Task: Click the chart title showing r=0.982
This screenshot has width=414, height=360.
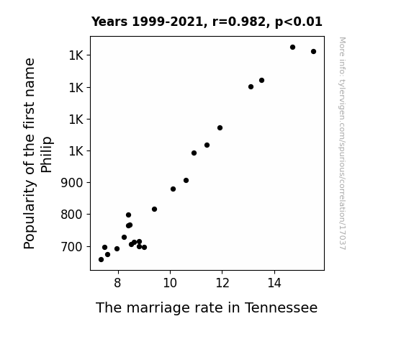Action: [207, 22]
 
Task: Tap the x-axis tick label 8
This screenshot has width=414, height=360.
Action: [118, 283]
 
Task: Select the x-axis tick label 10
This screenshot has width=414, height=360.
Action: [170, 283]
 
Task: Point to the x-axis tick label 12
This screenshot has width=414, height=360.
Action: [222, 283]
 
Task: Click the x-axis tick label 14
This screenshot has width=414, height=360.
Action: [274, 283]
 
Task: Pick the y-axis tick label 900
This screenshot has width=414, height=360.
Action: [72, 182]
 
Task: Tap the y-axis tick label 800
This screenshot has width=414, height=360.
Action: [72, 215]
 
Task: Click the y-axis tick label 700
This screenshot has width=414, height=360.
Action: [72, 247]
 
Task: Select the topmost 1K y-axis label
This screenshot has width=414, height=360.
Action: [76, 55]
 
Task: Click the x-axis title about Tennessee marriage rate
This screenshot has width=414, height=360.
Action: [207, 308]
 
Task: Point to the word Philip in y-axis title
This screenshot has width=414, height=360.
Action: [47, 155]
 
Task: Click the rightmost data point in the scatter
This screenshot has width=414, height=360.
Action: [313, 52]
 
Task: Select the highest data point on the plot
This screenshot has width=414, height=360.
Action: [292, 48]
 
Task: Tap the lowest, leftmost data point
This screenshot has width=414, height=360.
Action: [101, 260]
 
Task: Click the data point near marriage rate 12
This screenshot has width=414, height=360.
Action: [220, 128]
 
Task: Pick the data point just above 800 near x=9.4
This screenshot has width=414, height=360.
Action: [155, 210]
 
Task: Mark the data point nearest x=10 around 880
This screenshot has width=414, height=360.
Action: [173, 189]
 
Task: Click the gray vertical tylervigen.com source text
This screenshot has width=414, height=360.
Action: [342, 143]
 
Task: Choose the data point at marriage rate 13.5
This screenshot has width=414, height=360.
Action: [261, 81]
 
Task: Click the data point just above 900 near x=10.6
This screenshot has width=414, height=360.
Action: [186, 181]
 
